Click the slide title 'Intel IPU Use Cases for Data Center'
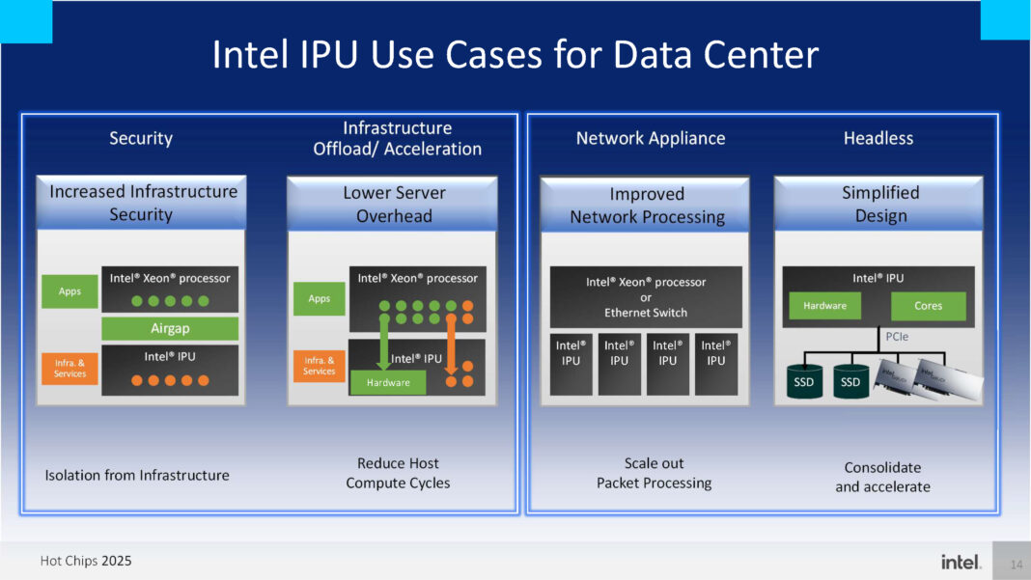point(515,54)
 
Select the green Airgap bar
point(170,328)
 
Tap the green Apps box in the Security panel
point(70,291)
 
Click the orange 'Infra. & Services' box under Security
point(70,368)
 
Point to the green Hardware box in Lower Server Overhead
point(387,382)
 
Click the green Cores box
point(928,306)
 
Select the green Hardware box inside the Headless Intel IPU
point(825,306)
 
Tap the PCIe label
point(898,337)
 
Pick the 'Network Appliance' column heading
point(650,138)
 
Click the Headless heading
point(878,138)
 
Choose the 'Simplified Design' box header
point(879,204)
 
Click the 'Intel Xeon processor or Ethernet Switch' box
point(646,297)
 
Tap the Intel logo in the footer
point(961,562)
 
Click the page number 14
point(1015,563)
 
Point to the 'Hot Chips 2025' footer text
point(86,561)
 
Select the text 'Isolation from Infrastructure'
point(137,475)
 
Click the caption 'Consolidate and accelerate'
point(882,477)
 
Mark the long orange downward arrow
point(450,348)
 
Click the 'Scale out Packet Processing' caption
point(654,473)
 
